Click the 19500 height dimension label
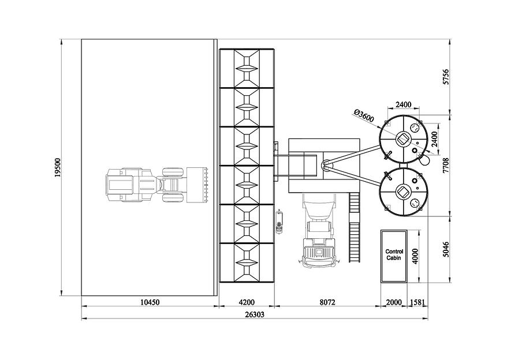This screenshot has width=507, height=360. tap(58, 167)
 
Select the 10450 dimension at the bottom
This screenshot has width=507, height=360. tap(150, 302)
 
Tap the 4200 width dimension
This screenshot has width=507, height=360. tap(247, 302)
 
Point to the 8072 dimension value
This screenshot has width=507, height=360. tap(327, 302)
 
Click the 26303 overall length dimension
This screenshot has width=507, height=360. tap(254, 314)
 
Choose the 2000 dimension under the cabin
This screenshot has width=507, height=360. tap(394, 302)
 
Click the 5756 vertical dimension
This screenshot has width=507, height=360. tap(446, 77)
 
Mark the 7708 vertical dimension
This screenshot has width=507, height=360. tap(446, 166)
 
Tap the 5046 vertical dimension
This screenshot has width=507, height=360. tap(446, 249)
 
